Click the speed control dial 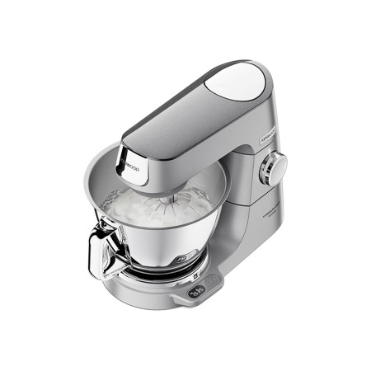tap(272, 170)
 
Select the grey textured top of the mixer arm tap(173, 115)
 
